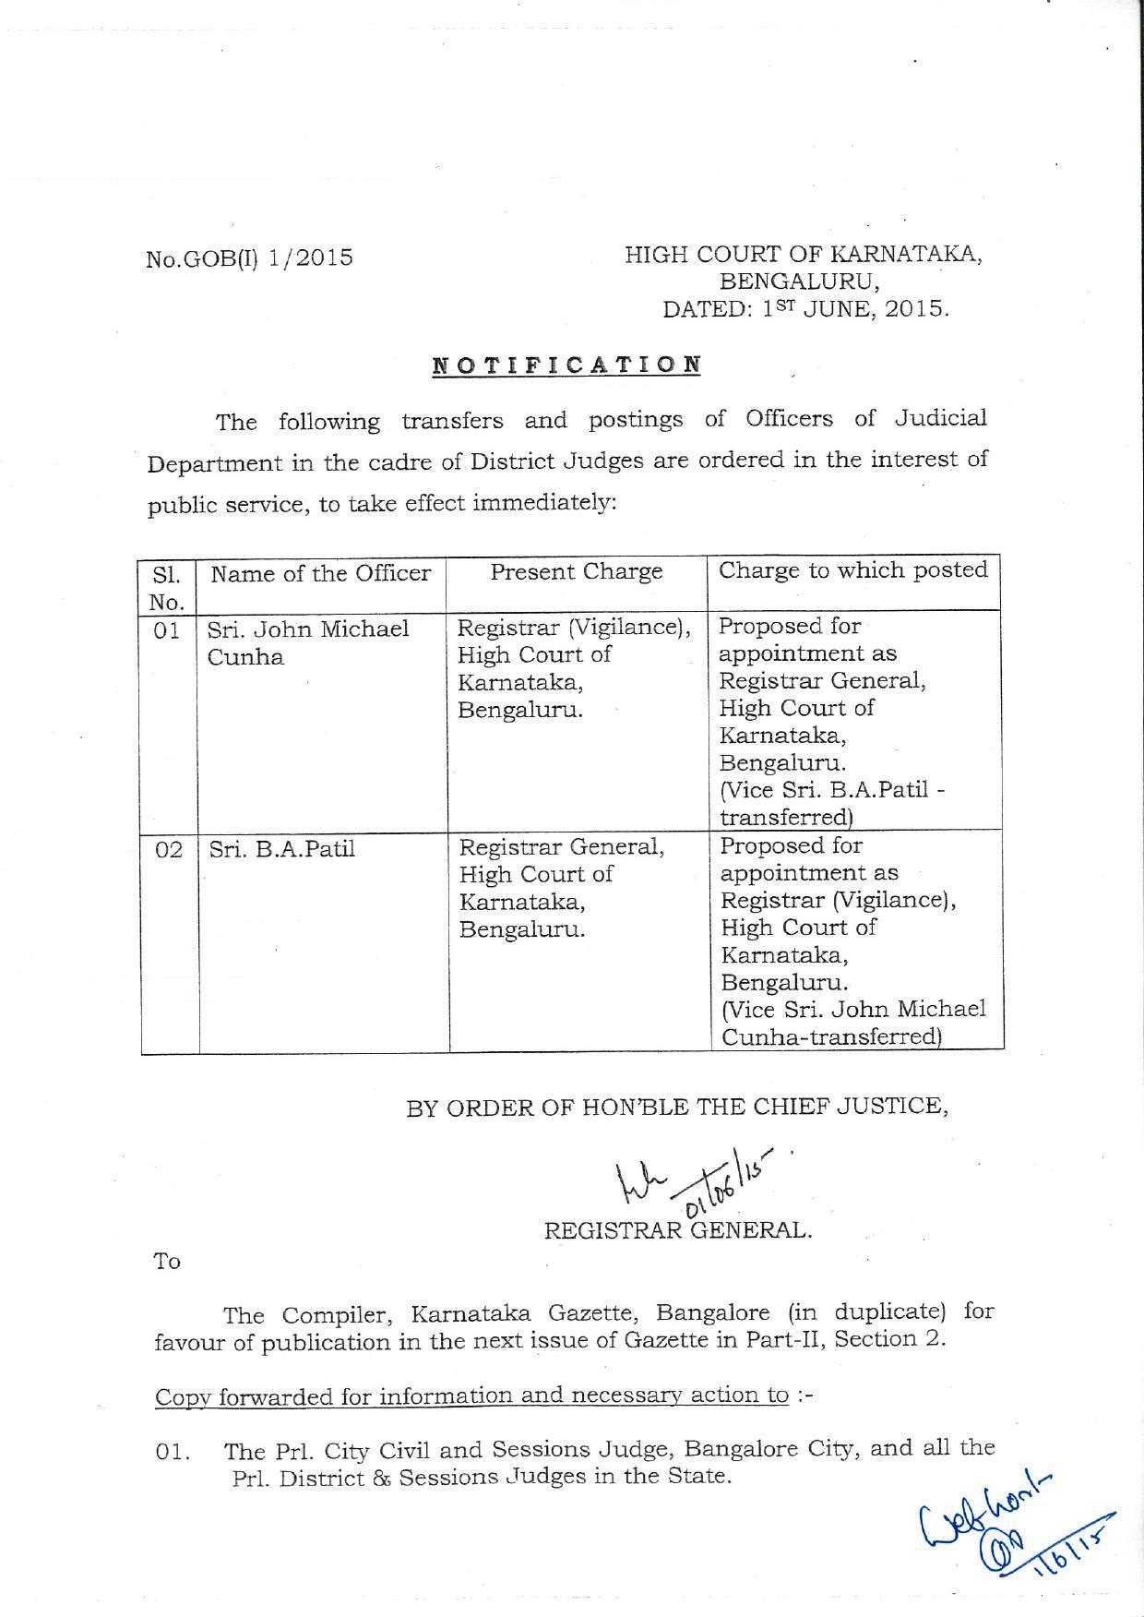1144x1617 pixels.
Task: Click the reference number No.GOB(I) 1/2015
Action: (249, 258)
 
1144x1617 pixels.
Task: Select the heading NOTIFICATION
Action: (566, 365)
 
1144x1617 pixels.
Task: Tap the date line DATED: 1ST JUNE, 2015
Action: (805, 309)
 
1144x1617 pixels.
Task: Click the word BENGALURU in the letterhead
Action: (799, 281)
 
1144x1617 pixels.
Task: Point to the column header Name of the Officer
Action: (321, 574)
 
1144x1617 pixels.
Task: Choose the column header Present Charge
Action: (577, 572)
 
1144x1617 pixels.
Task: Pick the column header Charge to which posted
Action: (853, 570)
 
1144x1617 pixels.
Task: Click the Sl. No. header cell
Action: (167, 588)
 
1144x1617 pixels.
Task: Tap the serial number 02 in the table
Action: (169, 850)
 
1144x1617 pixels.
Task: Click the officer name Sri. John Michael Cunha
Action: (308, 643)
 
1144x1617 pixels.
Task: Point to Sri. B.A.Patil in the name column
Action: (282, 849)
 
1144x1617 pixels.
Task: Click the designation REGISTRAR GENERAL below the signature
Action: (678, 1230)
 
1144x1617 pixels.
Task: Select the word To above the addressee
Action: (167, 1262)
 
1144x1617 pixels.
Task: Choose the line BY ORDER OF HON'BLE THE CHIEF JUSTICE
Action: (677, 1107)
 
